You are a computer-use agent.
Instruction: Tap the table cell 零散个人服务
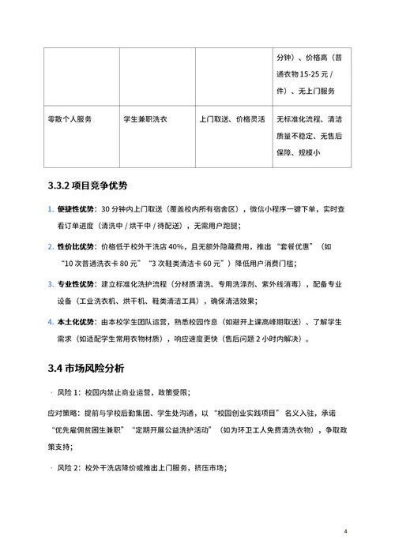click(x=70, y=119)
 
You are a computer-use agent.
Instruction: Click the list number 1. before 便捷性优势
click(x=50, y=209)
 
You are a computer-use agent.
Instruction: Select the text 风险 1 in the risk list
click(x=73, y=391)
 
